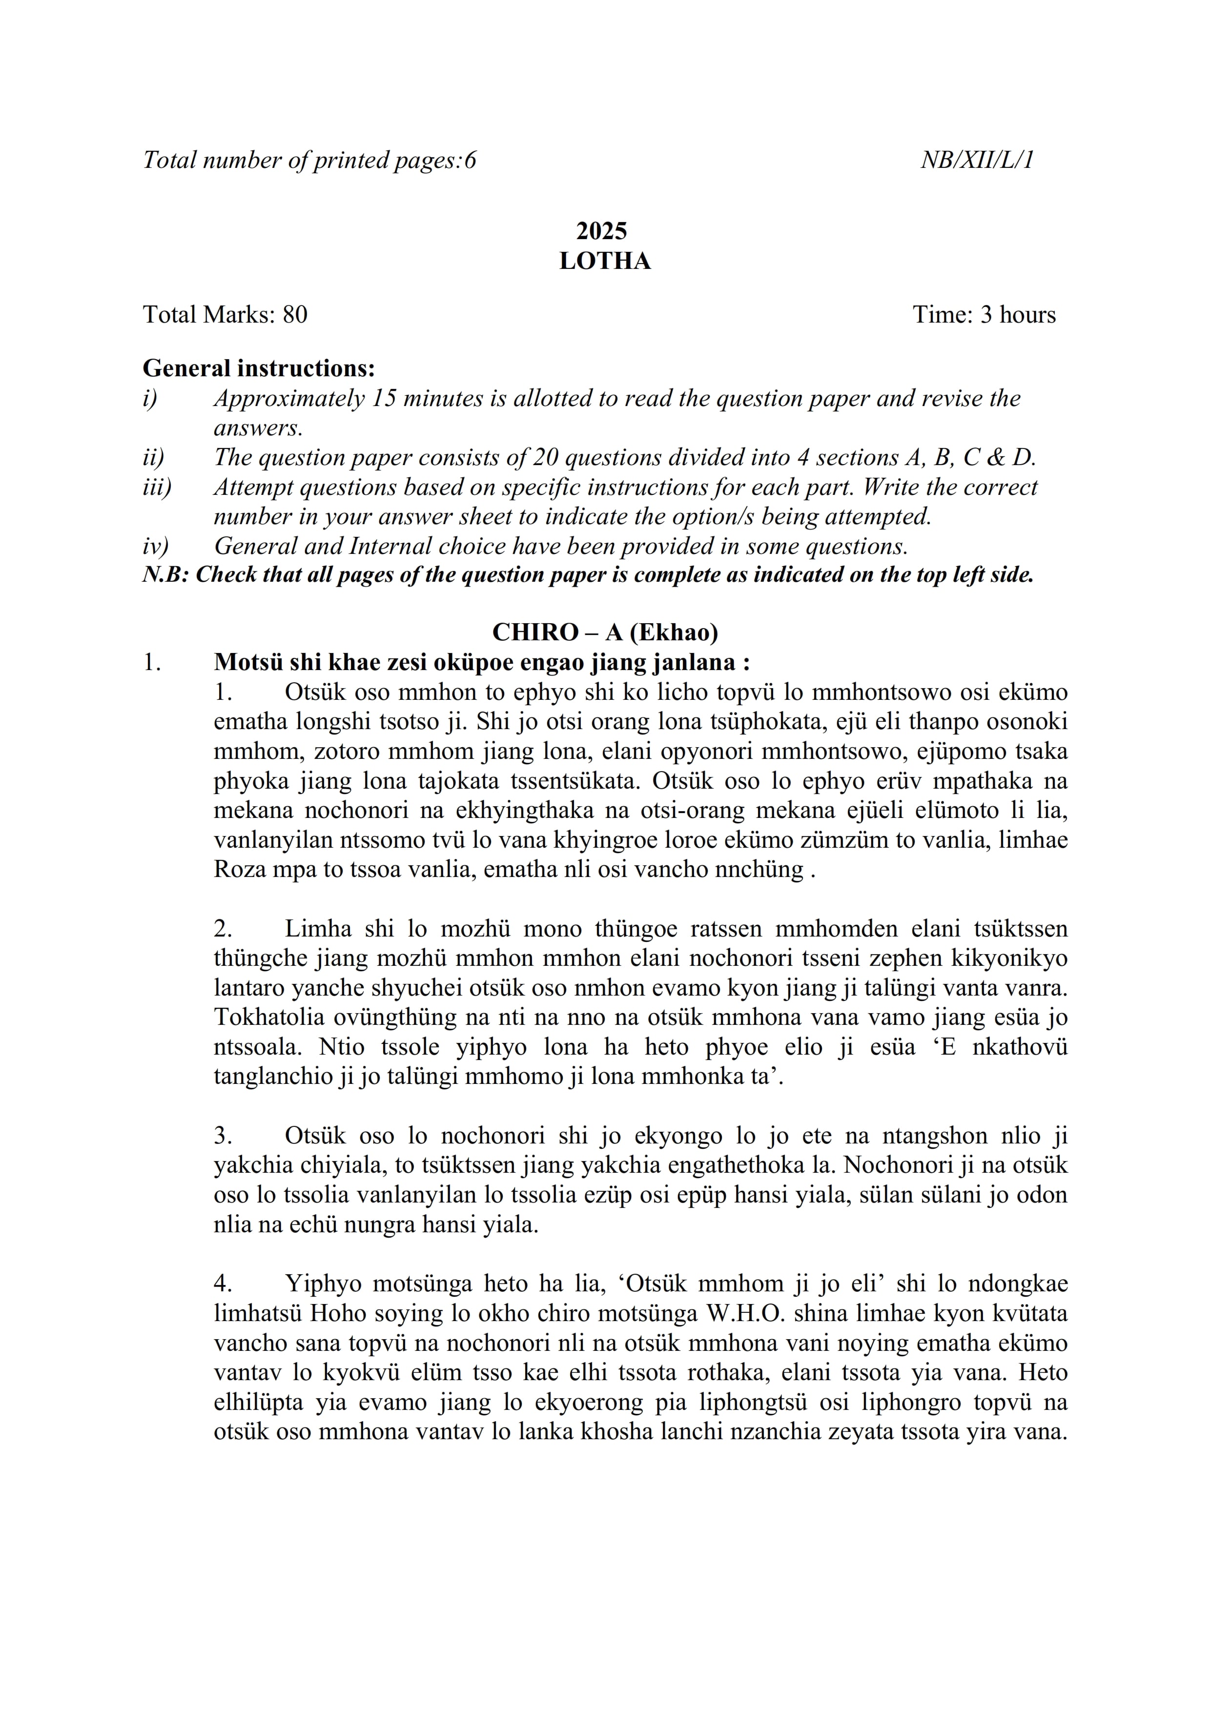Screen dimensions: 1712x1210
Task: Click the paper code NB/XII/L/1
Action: tap(977, 160)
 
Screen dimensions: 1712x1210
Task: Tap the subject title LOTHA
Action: tap(605, 261)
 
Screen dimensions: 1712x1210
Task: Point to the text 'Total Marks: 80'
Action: tap(225, 315)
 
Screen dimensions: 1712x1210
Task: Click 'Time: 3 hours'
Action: tap(984, 315)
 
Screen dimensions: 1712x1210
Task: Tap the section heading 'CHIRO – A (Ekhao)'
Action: tap(605, 632)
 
